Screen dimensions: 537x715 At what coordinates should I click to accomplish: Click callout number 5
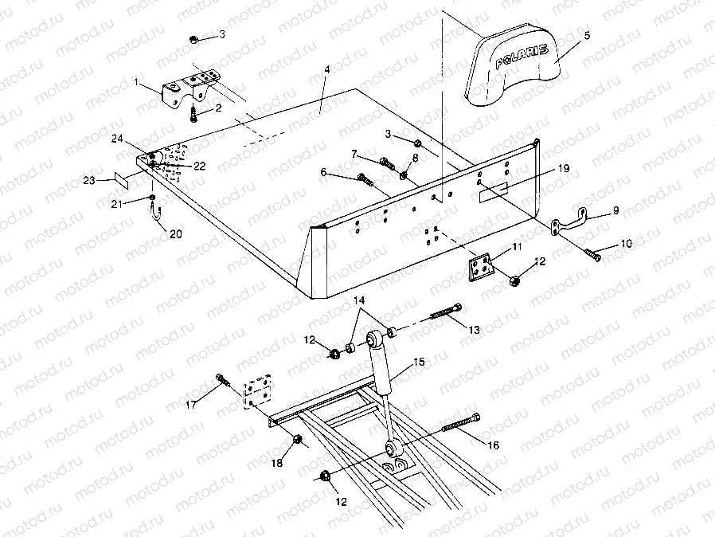[586, 37]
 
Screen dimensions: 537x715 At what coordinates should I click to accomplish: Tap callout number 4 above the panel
[326, 70]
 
